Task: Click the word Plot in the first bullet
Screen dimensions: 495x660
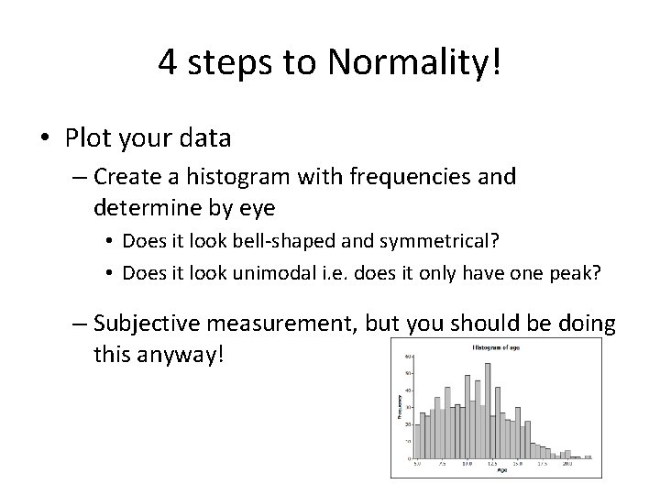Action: (88, 138)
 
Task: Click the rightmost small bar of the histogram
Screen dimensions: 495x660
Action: (588, 456)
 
